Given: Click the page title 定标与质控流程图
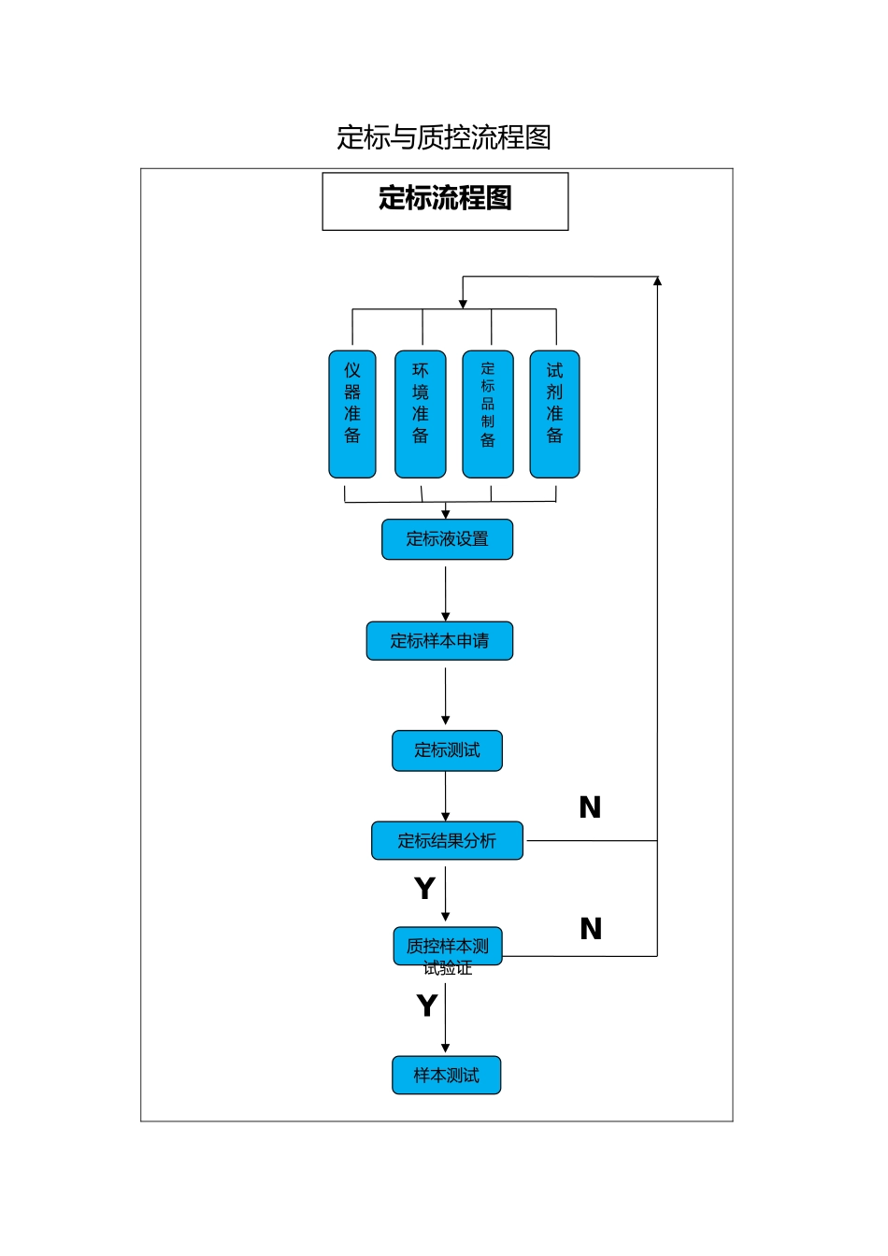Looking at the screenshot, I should tap(444, 137).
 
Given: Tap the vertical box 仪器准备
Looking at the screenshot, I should tap(352, 414).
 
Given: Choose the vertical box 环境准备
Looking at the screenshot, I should tap(421, 414).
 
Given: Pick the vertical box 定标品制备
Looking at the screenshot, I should tap(488, 414).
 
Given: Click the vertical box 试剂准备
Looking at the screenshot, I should tap(554, 414).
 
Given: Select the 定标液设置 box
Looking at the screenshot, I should tap(447, 539).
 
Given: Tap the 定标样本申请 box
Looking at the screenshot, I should tap(439, 641).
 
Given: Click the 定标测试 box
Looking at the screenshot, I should tap(447, 750).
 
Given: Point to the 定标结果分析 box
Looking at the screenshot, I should tap(447, 841).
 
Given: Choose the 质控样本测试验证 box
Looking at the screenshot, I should tap(448, 947).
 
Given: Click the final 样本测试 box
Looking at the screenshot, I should tap(447, 1076).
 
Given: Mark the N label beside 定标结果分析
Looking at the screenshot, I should tap(590, 807).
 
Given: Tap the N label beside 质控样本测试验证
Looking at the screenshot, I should tap(591, 929).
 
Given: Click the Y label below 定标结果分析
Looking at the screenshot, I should tap(425, 888).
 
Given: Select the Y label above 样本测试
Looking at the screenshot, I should tap(427, 1006).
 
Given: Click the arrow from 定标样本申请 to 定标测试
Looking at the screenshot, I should tap(446, 695).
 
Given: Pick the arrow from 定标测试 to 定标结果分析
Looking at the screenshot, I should tap(446, 796).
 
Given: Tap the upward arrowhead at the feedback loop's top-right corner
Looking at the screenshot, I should tap(657, 281).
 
